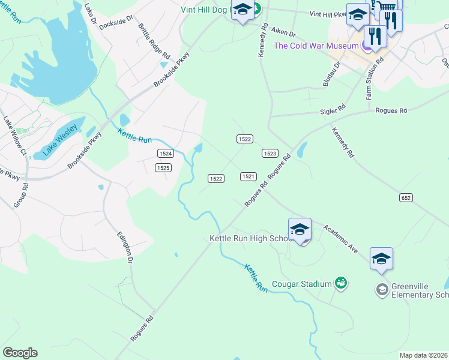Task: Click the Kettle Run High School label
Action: point(249,238)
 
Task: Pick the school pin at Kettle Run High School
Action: point(300,230)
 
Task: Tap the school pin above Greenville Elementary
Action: point(381,259)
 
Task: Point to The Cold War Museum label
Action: point(316,46)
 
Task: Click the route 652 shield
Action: point(406,197)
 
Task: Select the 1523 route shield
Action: point(270,154)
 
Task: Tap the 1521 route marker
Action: point(249,176)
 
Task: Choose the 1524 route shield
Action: point(166,154)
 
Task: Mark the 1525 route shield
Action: point(163,168)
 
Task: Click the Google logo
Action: point(20,353)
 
